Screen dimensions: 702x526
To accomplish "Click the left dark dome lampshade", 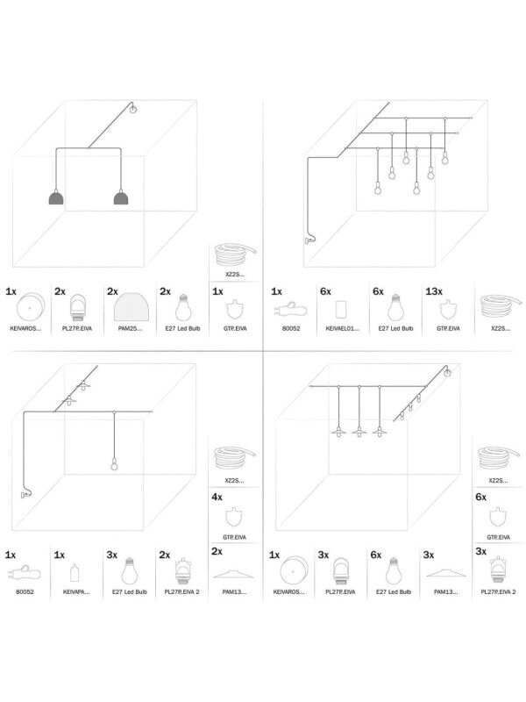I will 56,198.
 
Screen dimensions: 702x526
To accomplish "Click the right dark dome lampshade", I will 121,198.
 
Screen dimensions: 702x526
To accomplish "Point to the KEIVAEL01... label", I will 343,327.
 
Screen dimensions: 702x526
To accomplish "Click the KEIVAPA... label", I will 75,593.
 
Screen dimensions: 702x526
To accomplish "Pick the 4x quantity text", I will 217,497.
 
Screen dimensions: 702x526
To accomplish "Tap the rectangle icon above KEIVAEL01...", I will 343,308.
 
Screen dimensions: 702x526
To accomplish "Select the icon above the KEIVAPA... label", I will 75,572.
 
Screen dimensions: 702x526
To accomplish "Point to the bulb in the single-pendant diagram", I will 112,464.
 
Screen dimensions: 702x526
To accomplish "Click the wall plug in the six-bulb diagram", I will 308,238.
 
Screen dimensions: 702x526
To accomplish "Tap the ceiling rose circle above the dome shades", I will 133,110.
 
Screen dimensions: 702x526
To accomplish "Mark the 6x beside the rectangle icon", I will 325,290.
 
